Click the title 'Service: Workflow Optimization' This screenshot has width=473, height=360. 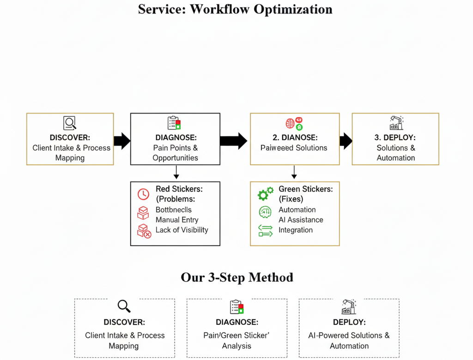point(235,9)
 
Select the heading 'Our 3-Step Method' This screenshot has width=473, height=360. point(236,277)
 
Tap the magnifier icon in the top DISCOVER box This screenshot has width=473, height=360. point(69,123)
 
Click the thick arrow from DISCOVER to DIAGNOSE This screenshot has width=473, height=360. point(122,141)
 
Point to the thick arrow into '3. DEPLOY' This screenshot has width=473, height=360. point(346,141)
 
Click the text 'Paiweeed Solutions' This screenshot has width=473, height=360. point(293,148)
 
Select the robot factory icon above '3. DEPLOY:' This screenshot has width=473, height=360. point(396,123)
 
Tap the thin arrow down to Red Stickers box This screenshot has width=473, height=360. point(176,173)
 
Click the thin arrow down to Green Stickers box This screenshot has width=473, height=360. point(294,173)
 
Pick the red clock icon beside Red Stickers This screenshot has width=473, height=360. point(143,194)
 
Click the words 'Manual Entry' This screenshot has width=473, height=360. point(177,220)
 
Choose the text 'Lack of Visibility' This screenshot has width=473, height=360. point(182,230)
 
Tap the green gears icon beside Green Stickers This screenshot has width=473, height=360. point(265,194)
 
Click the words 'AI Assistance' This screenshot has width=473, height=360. point(301,220)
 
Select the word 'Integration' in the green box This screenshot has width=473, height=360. point(296,230)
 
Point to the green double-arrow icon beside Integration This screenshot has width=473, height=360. point(265,230)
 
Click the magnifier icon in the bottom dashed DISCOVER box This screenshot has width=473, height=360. point(124,306)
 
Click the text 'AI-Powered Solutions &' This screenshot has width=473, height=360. point(349,336)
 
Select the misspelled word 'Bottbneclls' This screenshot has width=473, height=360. point(174,210)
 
